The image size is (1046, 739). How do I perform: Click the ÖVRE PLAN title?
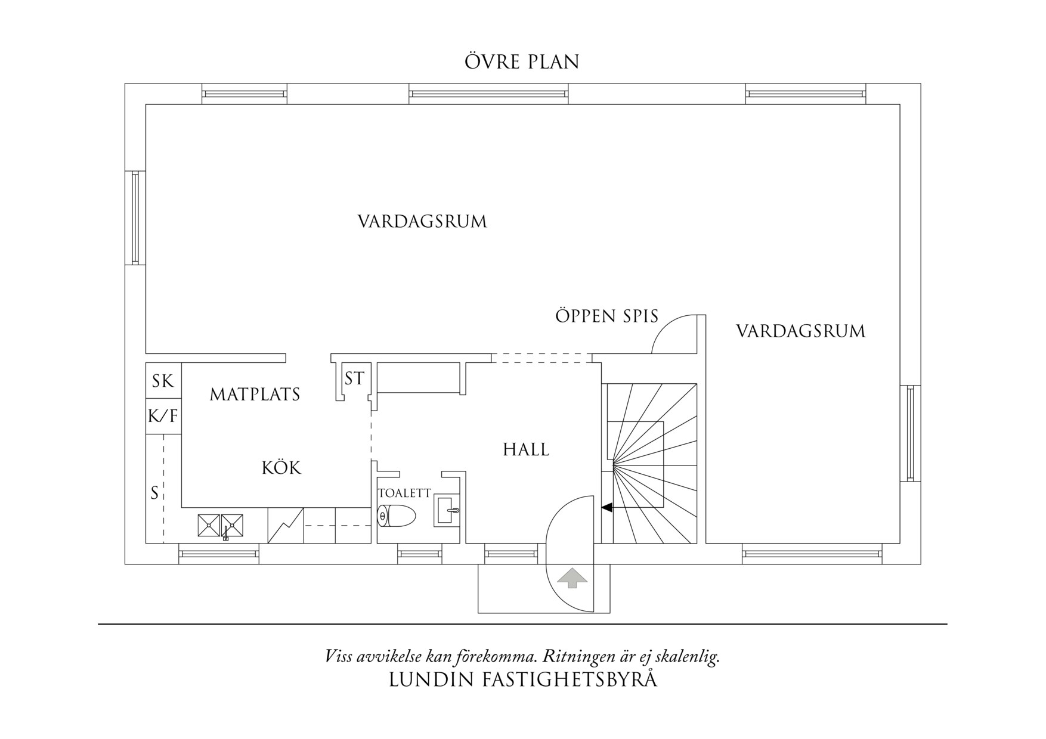[x=522, y=62]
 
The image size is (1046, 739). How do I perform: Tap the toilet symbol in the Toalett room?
[x=396, y=516]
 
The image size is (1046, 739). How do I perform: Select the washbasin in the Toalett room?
[x=447, y=510]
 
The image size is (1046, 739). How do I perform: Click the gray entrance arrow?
[x=572, y=577]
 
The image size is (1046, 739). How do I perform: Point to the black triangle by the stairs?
[x=606, y=508]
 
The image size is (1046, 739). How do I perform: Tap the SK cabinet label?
[x=162, y=381]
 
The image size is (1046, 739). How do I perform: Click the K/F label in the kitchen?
[x=163, y=415]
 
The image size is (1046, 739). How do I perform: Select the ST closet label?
[x=354, y=378]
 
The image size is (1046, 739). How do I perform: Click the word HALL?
[x=525, y=449]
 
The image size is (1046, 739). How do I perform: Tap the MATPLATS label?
[x=255, y=395]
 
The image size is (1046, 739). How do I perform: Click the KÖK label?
[x=281, y=468]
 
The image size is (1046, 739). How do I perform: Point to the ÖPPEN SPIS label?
[x=606, y=316]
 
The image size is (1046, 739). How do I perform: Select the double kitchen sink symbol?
[x=220, y=525]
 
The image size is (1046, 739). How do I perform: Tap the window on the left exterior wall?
[x=135, y=218]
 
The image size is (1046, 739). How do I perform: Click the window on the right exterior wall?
[x=910, y=433]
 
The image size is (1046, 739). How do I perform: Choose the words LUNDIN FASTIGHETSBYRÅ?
[x=522, y=680]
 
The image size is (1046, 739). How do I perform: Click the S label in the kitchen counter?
[x=154, y=493]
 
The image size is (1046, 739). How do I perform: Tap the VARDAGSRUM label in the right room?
[x=800, y=331]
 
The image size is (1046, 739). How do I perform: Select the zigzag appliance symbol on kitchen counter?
[x=286, y=525]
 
